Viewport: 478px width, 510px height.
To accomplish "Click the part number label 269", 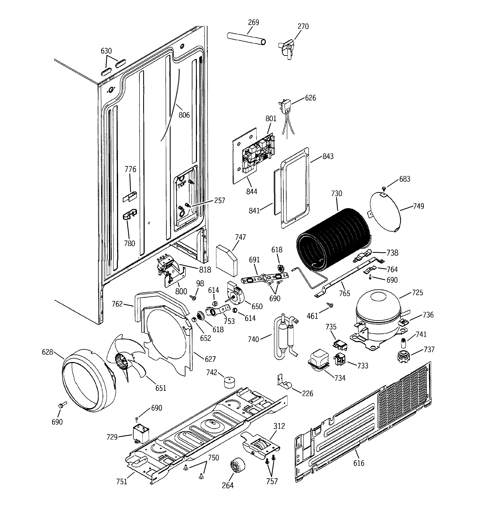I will click(x=253, y=22).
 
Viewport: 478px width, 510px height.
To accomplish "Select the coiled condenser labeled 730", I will click(x=334, y=240).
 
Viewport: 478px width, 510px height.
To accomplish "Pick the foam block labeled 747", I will click(x=227, y=260).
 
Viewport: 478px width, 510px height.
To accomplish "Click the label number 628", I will click(x=47, y=352).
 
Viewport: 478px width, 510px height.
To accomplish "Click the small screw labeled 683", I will click(x=384, y=189).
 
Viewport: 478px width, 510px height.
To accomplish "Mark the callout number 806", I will click(x=184, y=115).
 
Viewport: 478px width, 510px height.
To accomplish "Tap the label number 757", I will click(x=272, y=481).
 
